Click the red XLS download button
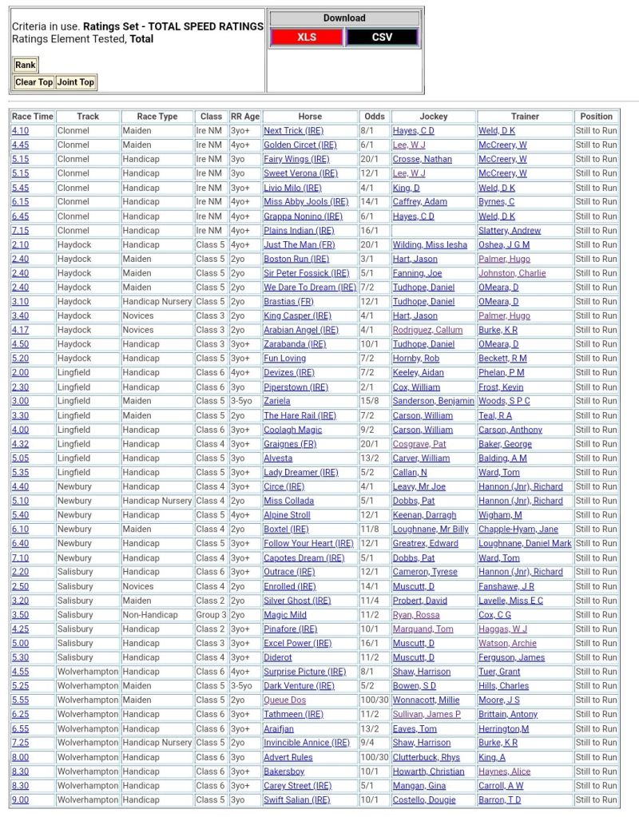[307, 38]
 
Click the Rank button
[25, 65]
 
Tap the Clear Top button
[34, 82]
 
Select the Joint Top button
[76, 82]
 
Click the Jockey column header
[434, 117]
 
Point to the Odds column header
[374, 117]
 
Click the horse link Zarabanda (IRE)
[295, 344]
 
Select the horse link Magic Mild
[285, 615]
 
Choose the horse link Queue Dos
[284, 700]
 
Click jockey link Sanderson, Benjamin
[433, 401]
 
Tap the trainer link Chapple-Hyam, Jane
[518, 529]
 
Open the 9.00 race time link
[20, 799]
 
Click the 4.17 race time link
[20, 330]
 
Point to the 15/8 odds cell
[370, 401]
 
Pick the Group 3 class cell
[211, 615]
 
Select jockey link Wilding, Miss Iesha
[430, 245]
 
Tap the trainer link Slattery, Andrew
[510, 231]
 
